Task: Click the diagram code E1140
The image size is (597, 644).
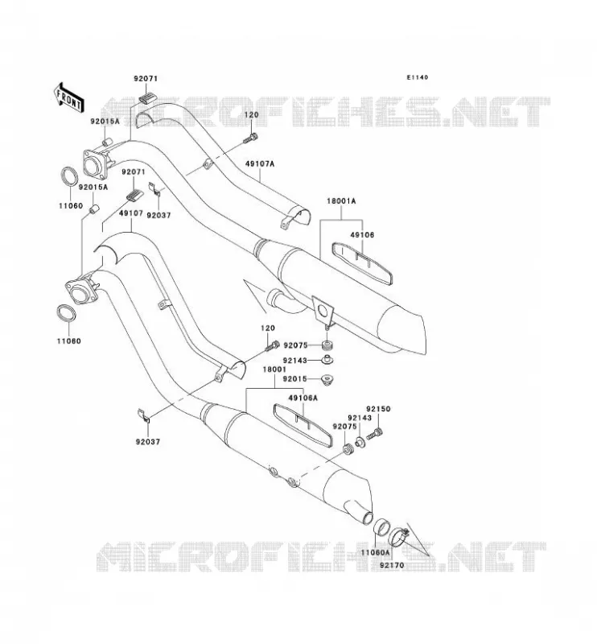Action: point(417,77)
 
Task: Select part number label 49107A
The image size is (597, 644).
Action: point(260,163)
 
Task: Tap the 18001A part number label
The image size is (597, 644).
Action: point(341,201)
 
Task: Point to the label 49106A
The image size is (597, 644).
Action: point(303,398)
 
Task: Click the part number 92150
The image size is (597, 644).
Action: point(378,409)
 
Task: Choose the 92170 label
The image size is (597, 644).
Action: point(392,565)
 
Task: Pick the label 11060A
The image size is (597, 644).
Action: point(375,552)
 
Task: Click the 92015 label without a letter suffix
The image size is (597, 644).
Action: point(294,379)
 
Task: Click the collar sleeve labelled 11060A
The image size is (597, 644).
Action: point(381,527)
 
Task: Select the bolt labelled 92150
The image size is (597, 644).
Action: point(374,434)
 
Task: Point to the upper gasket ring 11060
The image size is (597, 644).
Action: point(70,176)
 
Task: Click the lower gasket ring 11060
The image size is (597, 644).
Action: point(66,314)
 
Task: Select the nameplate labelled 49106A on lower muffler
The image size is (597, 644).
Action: point(303,424)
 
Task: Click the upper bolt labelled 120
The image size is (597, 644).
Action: point(250,138)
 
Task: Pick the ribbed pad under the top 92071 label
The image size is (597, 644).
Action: point(148,97)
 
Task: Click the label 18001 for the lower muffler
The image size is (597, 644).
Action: point(274,369)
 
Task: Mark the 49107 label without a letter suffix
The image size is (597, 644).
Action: point(131,213)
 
